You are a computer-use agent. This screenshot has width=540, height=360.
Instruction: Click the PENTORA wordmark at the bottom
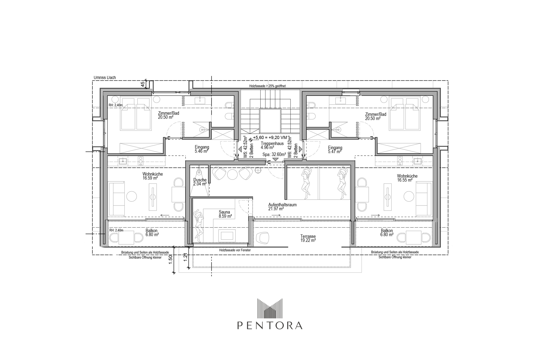tap(270, 325)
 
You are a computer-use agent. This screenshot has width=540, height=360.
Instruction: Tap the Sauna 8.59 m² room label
tap(225, 214)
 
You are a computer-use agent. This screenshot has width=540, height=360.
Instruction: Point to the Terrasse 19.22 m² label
tap(308, 238)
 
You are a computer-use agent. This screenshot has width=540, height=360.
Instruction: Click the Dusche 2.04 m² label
tap(200, 182)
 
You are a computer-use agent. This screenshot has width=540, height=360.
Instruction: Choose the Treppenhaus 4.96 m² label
tap(272, 146)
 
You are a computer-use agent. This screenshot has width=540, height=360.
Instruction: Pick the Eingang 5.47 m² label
tap(335, 150)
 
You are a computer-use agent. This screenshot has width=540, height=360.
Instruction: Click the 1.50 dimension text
tap(171, 260)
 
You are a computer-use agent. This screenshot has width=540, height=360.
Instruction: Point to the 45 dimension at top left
tap(143, 84)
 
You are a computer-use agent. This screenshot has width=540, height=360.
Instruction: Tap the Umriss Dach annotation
tap(105, 78)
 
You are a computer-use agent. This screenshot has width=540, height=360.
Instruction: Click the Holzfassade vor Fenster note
tap(235, 250)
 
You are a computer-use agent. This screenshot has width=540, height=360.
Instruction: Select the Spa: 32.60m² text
tap(274, 154)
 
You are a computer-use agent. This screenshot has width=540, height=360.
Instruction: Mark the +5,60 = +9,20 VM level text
tap(270, 137)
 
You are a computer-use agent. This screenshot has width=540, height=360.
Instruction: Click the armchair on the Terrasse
tap(262, 238)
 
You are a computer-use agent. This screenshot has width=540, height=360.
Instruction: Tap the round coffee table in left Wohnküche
tap(132, 196)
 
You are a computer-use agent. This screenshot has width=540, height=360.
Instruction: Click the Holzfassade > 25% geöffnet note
tap(267, 86)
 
